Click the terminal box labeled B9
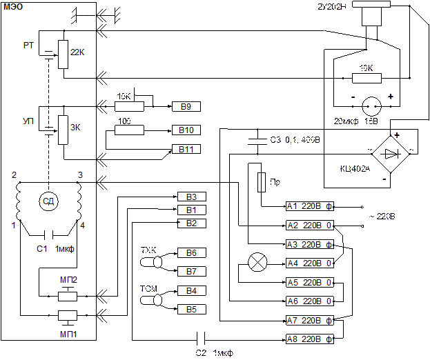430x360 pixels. click(186, 107)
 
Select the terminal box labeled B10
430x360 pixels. click(186, 130)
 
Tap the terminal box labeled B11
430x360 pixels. click(186, 149)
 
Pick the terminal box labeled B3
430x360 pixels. click(191, 197)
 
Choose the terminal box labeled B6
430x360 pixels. click(191, 253)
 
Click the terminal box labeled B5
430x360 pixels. click(191, 310)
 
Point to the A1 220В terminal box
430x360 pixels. click(310, 206)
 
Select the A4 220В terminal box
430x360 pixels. click(310, 263)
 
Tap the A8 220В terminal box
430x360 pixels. click(310, 339)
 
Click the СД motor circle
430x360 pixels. click(48, 201)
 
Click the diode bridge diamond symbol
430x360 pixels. click(390, 153)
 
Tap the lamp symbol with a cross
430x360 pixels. click(257, 262)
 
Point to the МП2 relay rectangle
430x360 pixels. click(67, 295)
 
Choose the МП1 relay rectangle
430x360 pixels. click(67, 317)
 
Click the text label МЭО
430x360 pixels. click(13, 7)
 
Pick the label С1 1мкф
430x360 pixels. click(55, 248)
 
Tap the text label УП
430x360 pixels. click(28, 121)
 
